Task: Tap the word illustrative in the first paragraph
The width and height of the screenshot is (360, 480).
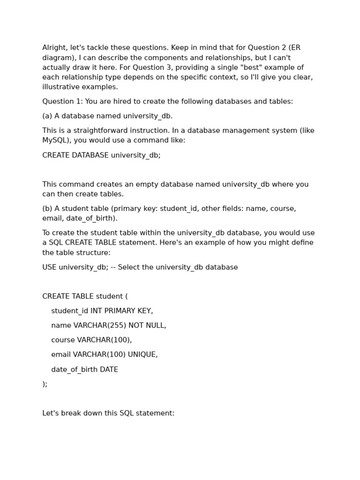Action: pyautogui.click(x=60, y=87)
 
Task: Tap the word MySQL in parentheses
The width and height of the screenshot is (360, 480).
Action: pyautogui.click(x=55, y=140)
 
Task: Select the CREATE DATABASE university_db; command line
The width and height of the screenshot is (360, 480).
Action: pyautogui.click(x=101, y=155)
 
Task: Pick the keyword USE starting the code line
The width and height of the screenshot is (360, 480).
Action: pyautogui.click(x=49, y=267)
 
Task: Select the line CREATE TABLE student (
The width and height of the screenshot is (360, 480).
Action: pyautogui.click(x=85, y=296)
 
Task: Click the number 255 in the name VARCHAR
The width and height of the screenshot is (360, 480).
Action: pyautogui.click(x=115, y=325)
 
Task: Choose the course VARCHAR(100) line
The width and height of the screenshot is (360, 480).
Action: pyautogui.click(x=91, y=340)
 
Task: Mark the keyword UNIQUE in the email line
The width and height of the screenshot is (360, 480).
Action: pyautogui.click(x=142, y=354)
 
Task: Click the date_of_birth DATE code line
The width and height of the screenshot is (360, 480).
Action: pyautogui.click(x=84, y=369)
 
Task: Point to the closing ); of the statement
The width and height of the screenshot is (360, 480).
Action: pyautogui.click(x=45, y=384)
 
